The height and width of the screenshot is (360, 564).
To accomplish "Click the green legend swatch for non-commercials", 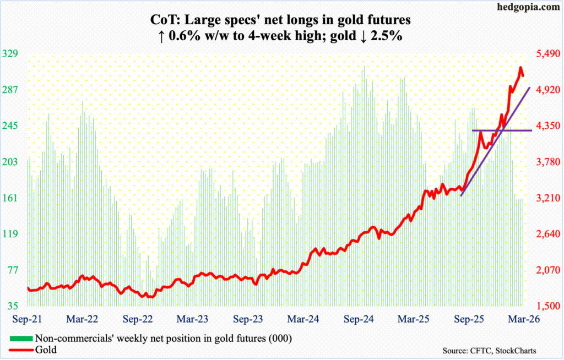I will click(x=21, y=338).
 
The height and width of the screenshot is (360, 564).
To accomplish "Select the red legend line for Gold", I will click(x=21, y=348).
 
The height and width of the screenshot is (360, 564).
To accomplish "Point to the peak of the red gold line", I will click(x=520, y=68).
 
